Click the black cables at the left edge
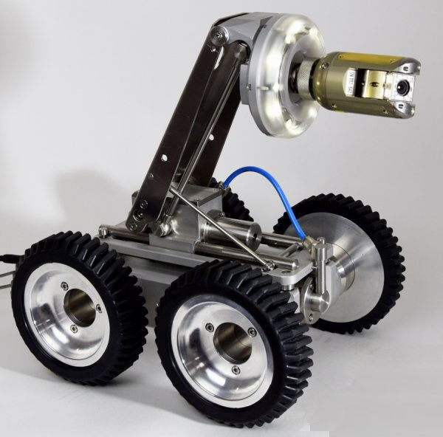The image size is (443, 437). pyautogui.click(x=7, y=269)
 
